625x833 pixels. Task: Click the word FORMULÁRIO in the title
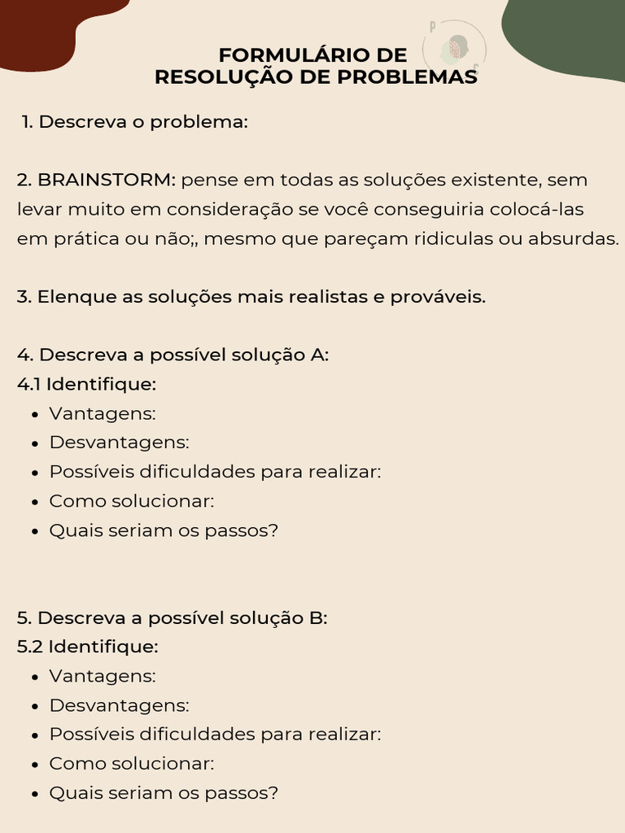(287, 55)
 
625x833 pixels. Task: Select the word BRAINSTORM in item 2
(106, 180)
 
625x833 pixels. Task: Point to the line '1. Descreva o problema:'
(135, 122)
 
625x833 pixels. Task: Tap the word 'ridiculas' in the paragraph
(474, 239)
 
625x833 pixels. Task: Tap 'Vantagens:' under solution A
(103, 413)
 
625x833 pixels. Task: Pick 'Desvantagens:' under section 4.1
(119, 443)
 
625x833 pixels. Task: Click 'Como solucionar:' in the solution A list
(132, 501)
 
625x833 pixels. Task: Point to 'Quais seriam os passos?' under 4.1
(164, 530)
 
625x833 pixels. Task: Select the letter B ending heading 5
(317, 617)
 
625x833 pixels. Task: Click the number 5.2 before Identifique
(30, 647)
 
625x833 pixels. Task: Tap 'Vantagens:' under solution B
(103, 676)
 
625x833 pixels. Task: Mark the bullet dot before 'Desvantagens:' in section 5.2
(35, 706)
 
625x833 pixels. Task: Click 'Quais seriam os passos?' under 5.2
(164, 793)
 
